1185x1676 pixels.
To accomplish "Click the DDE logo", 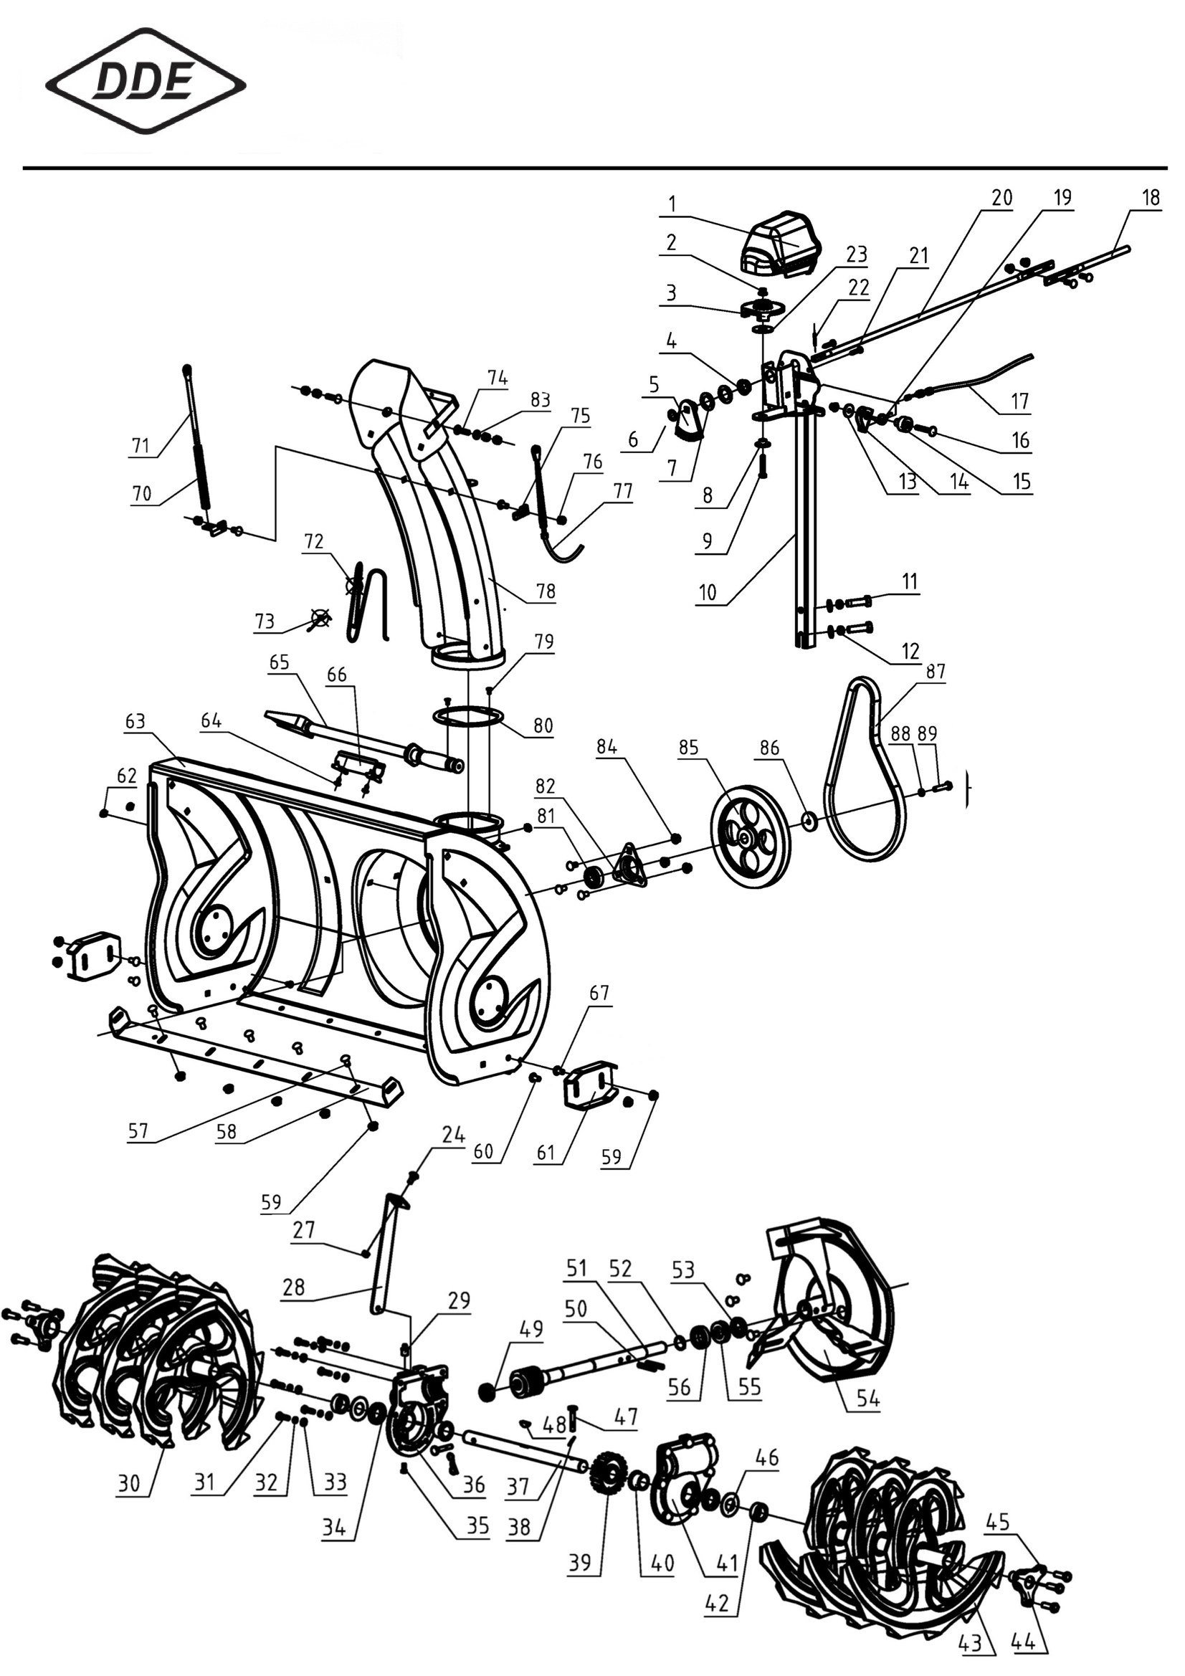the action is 146,81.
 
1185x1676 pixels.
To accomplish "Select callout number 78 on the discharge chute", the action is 546,591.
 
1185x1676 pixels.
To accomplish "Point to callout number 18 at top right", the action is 1151,198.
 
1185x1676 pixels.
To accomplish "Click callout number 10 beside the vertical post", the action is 708,592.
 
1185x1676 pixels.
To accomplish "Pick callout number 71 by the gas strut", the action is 141,444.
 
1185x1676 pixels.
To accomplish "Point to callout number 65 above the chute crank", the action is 279,662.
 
